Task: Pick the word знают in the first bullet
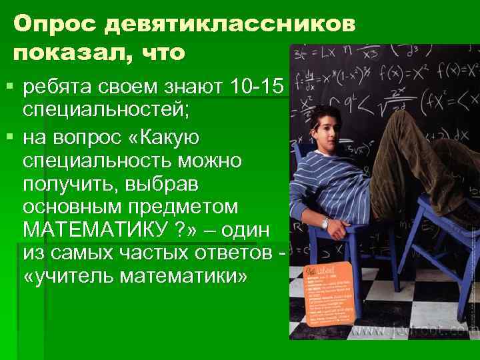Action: (189, 87)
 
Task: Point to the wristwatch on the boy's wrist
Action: (325, 223)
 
